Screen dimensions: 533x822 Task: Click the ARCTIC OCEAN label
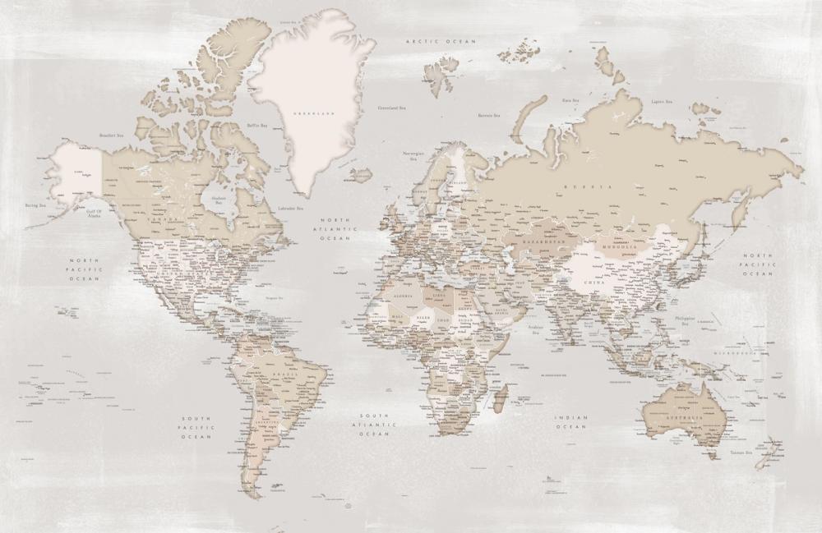click(x=429, y=39)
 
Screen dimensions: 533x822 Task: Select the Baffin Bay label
click(x=257, y=126)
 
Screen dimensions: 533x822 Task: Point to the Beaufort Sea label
click(x=110, y=135)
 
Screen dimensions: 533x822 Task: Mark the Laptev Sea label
click(x=662, y=103)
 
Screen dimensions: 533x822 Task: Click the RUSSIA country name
click(x=599, y=188)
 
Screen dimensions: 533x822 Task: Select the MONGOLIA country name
click(x=619, y=247)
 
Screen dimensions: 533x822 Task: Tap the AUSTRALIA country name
click(x=686, y=419)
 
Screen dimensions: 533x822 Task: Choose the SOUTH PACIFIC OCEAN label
click(x=197, y=427)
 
